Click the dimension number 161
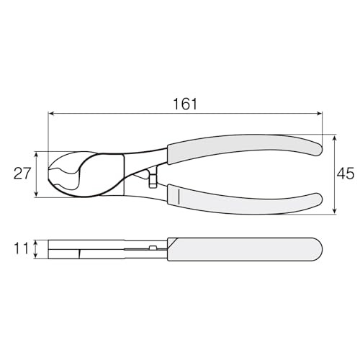(x=185, y=104)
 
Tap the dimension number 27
(x=22, y=174)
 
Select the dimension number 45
(x=346, y=174)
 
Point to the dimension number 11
(x=22, y=248)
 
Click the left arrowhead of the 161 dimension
(x=51, y=114)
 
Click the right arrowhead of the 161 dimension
(x=319, y=114)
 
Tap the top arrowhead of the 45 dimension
(x=334, y=138)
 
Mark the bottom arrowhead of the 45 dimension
(x=334, y=211)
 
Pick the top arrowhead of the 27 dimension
(x=36, y=155)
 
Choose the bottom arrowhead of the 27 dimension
(x=36, y=194)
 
